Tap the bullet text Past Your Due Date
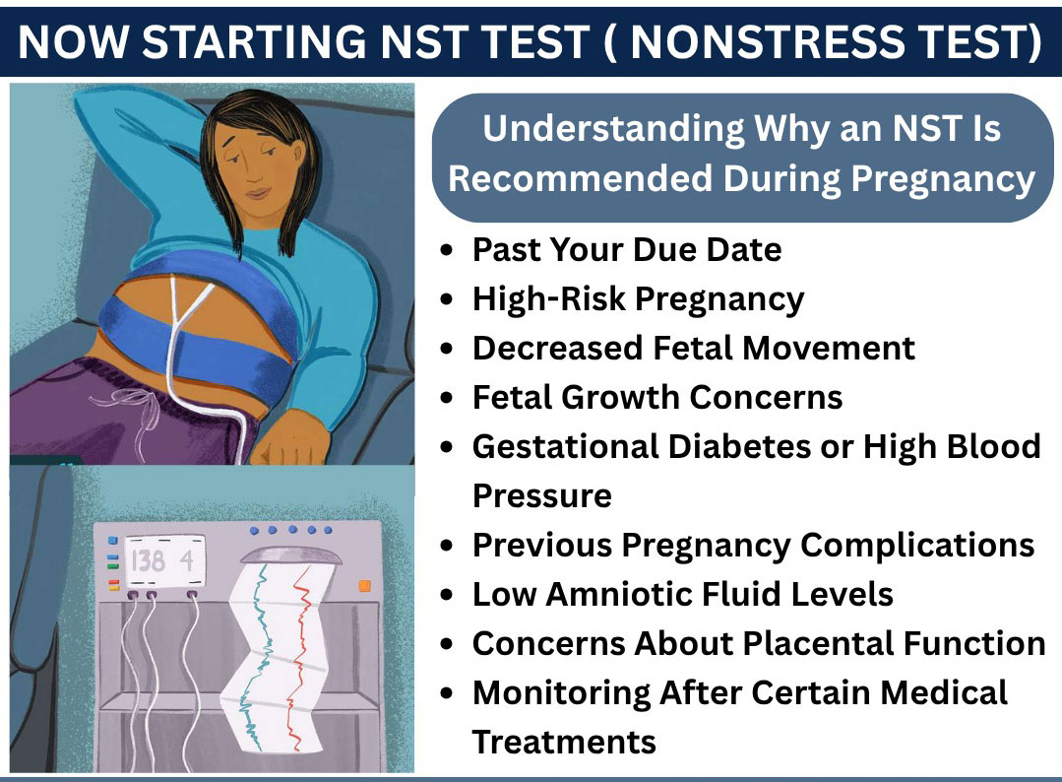627,249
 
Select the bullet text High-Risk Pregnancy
638,298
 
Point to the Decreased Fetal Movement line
693,348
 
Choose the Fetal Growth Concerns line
657,397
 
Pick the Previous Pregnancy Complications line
753,545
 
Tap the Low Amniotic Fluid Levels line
682,594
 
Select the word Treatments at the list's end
564,741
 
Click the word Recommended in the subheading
581,178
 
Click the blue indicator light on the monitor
112,541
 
